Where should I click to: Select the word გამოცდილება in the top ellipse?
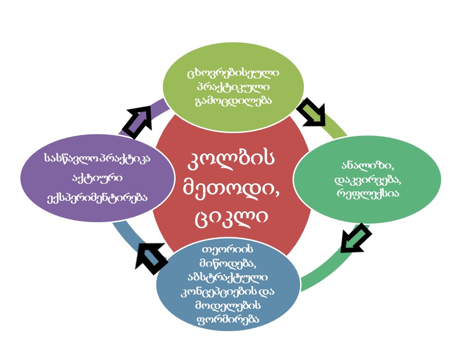click(x=233, y=101)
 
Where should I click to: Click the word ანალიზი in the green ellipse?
click(x=367, y=166)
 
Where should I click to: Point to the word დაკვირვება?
click(x=367, y=180)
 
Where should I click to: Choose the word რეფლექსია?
click(x=368, y=193)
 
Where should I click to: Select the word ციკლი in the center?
click(x=231, y=218)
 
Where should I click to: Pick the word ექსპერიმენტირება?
click(x=98, y=197)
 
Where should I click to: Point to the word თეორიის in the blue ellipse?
click(x=228, y=250)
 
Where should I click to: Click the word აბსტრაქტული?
click(x=228, y=278)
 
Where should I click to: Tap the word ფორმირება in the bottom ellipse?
click(x=228, y=319)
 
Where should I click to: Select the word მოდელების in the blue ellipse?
click(x=228, y=306)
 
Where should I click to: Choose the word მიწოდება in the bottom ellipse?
click(x=228, y=264)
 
